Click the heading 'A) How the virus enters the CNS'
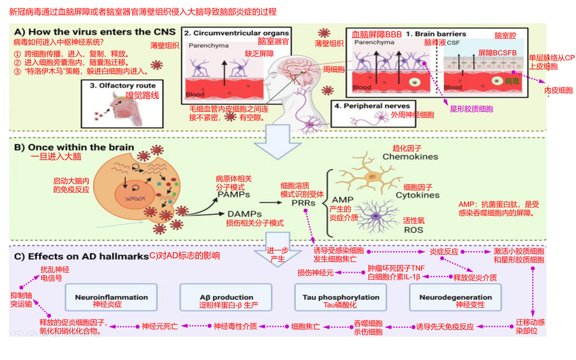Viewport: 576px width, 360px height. click(x=95, y=32)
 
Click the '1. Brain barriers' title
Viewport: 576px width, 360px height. click(x=435, y=34)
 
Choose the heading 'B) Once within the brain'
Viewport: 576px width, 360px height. click(x=74, y=147)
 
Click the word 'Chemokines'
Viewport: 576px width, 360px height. click(x=410, y=156)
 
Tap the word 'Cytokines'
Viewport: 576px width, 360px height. click(x=417, y=195)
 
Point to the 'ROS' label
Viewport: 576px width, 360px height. click(x=413, y=229)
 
